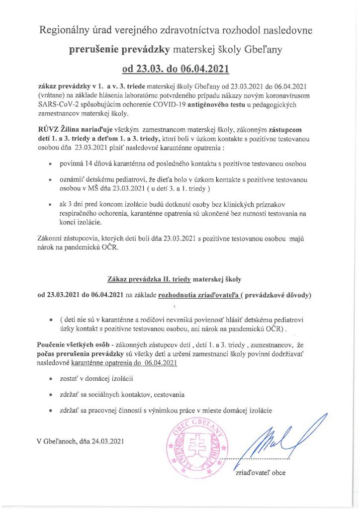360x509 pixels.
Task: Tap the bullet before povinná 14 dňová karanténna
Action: coord(50,164)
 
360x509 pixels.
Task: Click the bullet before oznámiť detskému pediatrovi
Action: coord(50,178)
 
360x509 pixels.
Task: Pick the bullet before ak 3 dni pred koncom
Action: coord(50,204)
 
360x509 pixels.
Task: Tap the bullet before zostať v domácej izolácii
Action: coord(50,379)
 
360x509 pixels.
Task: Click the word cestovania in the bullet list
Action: coord(170,395)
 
